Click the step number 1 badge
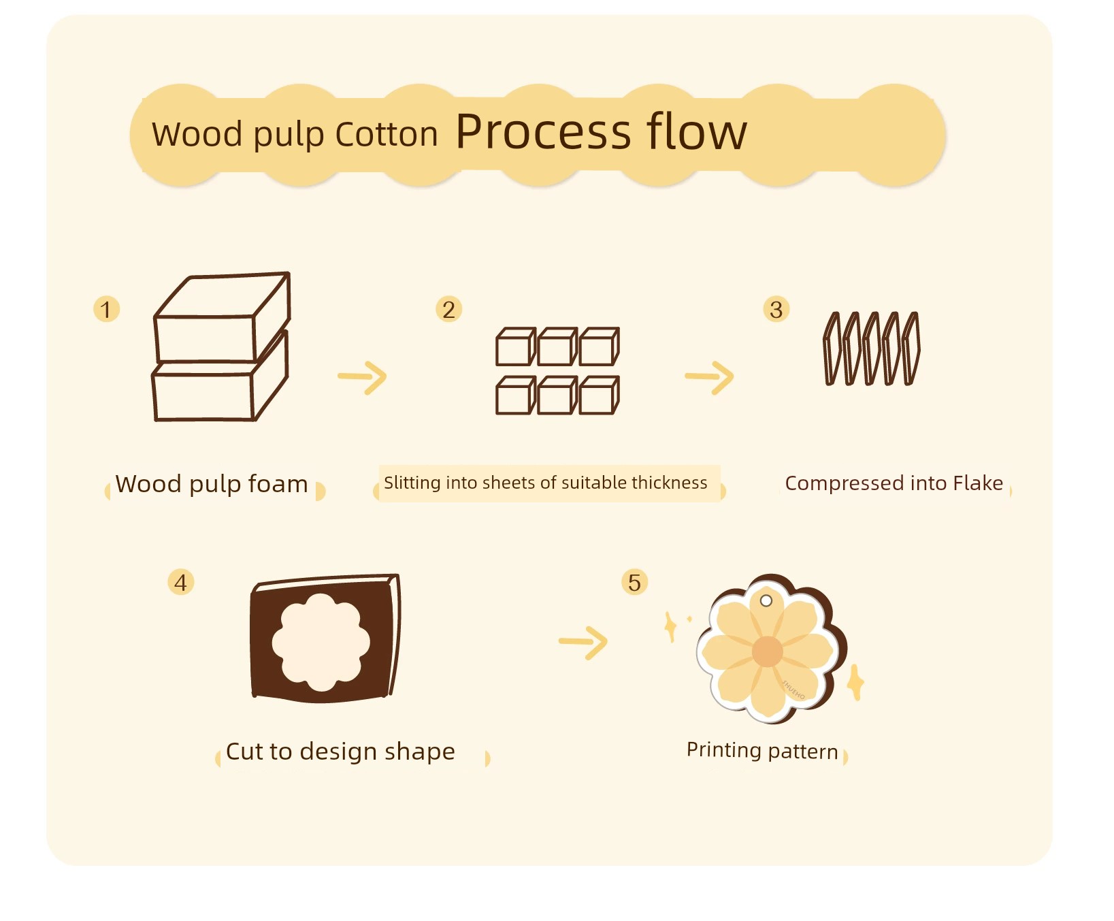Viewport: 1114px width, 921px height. (106, 309)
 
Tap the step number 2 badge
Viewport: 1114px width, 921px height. (448, 309)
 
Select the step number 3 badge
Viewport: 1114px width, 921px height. (776, 309)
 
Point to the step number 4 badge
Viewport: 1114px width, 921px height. (181, 582)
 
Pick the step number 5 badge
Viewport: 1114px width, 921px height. (634, 582)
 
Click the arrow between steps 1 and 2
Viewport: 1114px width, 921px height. (363, 377)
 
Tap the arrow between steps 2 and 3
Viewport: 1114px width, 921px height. (710, 377)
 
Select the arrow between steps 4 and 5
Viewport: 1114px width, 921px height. (583, 643)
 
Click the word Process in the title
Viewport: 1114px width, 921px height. (544, 132)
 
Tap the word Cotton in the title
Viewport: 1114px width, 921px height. (387, 134)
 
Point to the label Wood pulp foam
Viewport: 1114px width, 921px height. (212, 484)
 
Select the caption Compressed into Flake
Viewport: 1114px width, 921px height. (894, 483)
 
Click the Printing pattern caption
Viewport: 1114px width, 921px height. (762, 750)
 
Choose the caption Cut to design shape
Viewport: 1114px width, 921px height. (340, 752)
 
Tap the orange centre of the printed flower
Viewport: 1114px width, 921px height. (768, 651)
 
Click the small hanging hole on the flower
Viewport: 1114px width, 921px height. (766, 600)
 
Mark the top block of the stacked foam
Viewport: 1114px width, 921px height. (223, 317)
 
